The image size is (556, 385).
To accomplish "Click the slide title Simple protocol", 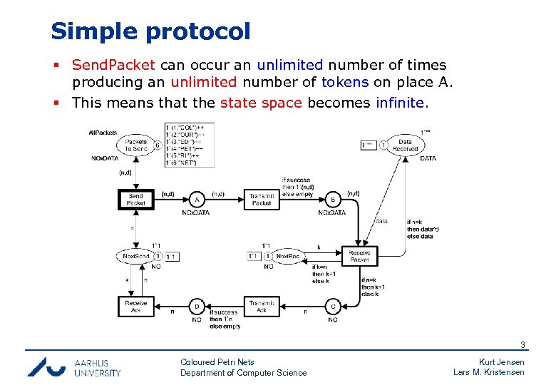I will point(150,31).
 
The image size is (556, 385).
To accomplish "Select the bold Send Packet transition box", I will point(135,200).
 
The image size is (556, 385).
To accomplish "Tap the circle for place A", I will point(197,200).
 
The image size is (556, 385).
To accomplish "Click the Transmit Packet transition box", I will point(262,200).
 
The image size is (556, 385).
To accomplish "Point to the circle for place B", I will point(332,200).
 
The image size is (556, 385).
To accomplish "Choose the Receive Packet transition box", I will point(359,256).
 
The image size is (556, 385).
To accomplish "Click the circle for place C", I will point(332,307).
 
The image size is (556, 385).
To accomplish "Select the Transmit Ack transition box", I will point(262,307).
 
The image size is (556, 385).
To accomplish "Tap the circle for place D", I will point(197,307).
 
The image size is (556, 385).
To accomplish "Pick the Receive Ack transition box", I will point(135,307).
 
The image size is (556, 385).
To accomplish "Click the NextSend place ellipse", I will point(135,256).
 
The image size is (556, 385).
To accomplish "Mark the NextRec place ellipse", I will point(287,256).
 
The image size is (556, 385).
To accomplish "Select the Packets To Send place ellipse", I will point(135,145).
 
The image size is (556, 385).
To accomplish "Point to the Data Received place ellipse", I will point(405,145).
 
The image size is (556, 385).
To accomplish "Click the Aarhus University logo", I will point(74,366).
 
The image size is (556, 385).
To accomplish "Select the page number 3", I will point(522,345).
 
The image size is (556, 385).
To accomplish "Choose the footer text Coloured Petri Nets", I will point(217,362).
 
